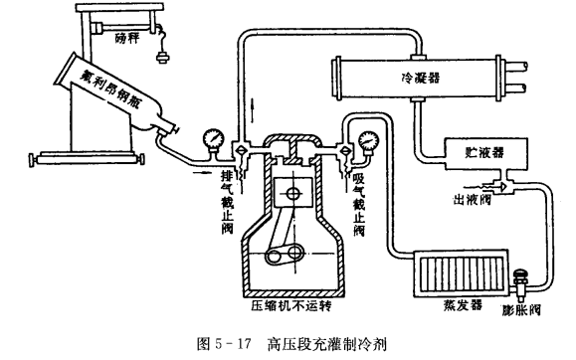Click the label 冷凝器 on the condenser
(421, 78)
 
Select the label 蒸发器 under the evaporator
(463, 304)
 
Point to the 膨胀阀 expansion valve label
(521, 310)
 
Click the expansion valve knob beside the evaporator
(521, 273)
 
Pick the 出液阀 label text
(472, 200)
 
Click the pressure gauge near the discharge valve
(213, 139)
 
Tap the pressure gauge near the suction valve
(368, 141)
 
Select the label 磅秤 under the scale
(126, 38)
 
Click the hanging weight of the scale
(161, 57)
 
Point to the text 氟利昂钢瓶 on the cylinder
(110, 90)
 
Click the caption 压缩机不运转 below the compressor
(290, 305)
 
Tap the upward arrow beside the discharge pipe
(252, 110)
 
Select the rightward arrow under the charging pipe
(201, 172)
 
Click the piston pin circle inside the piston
(293, 193)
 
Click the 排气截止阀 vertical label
(228, 203)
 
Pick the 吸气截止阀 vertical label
(359, 205)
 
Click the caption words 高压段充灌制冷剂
(326, 344)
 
